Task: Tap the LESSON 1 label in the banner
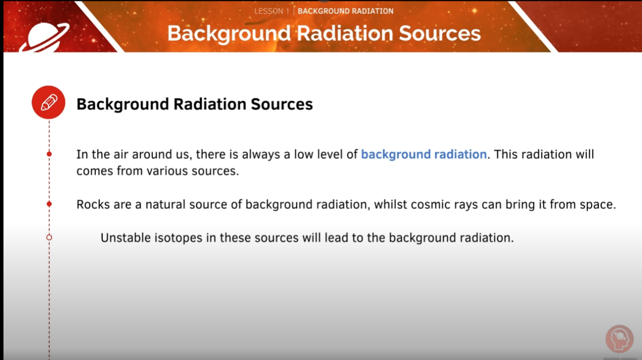click(x=272, y=11)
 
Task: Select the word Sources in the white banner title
click(x=435, y=33)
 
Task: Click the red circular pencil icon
click(x=49, y=102)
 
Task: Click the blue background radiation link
click(x=424, y=154)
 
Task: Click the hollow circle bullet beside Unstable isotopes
click(x=49, y=237)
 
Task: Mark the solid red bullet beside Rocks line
click(x=49, y=204)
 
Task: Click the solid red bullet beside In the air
click(x=49, y=154)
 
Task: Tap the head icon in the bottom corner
click(x=620, y=339)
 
